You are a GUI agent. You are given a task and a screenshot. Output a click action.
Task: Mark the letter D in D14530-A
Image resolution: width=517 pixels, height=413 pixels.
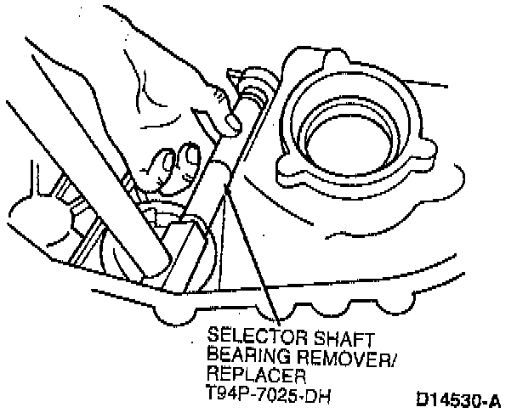pyautogui.click(x=424, y=398)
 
